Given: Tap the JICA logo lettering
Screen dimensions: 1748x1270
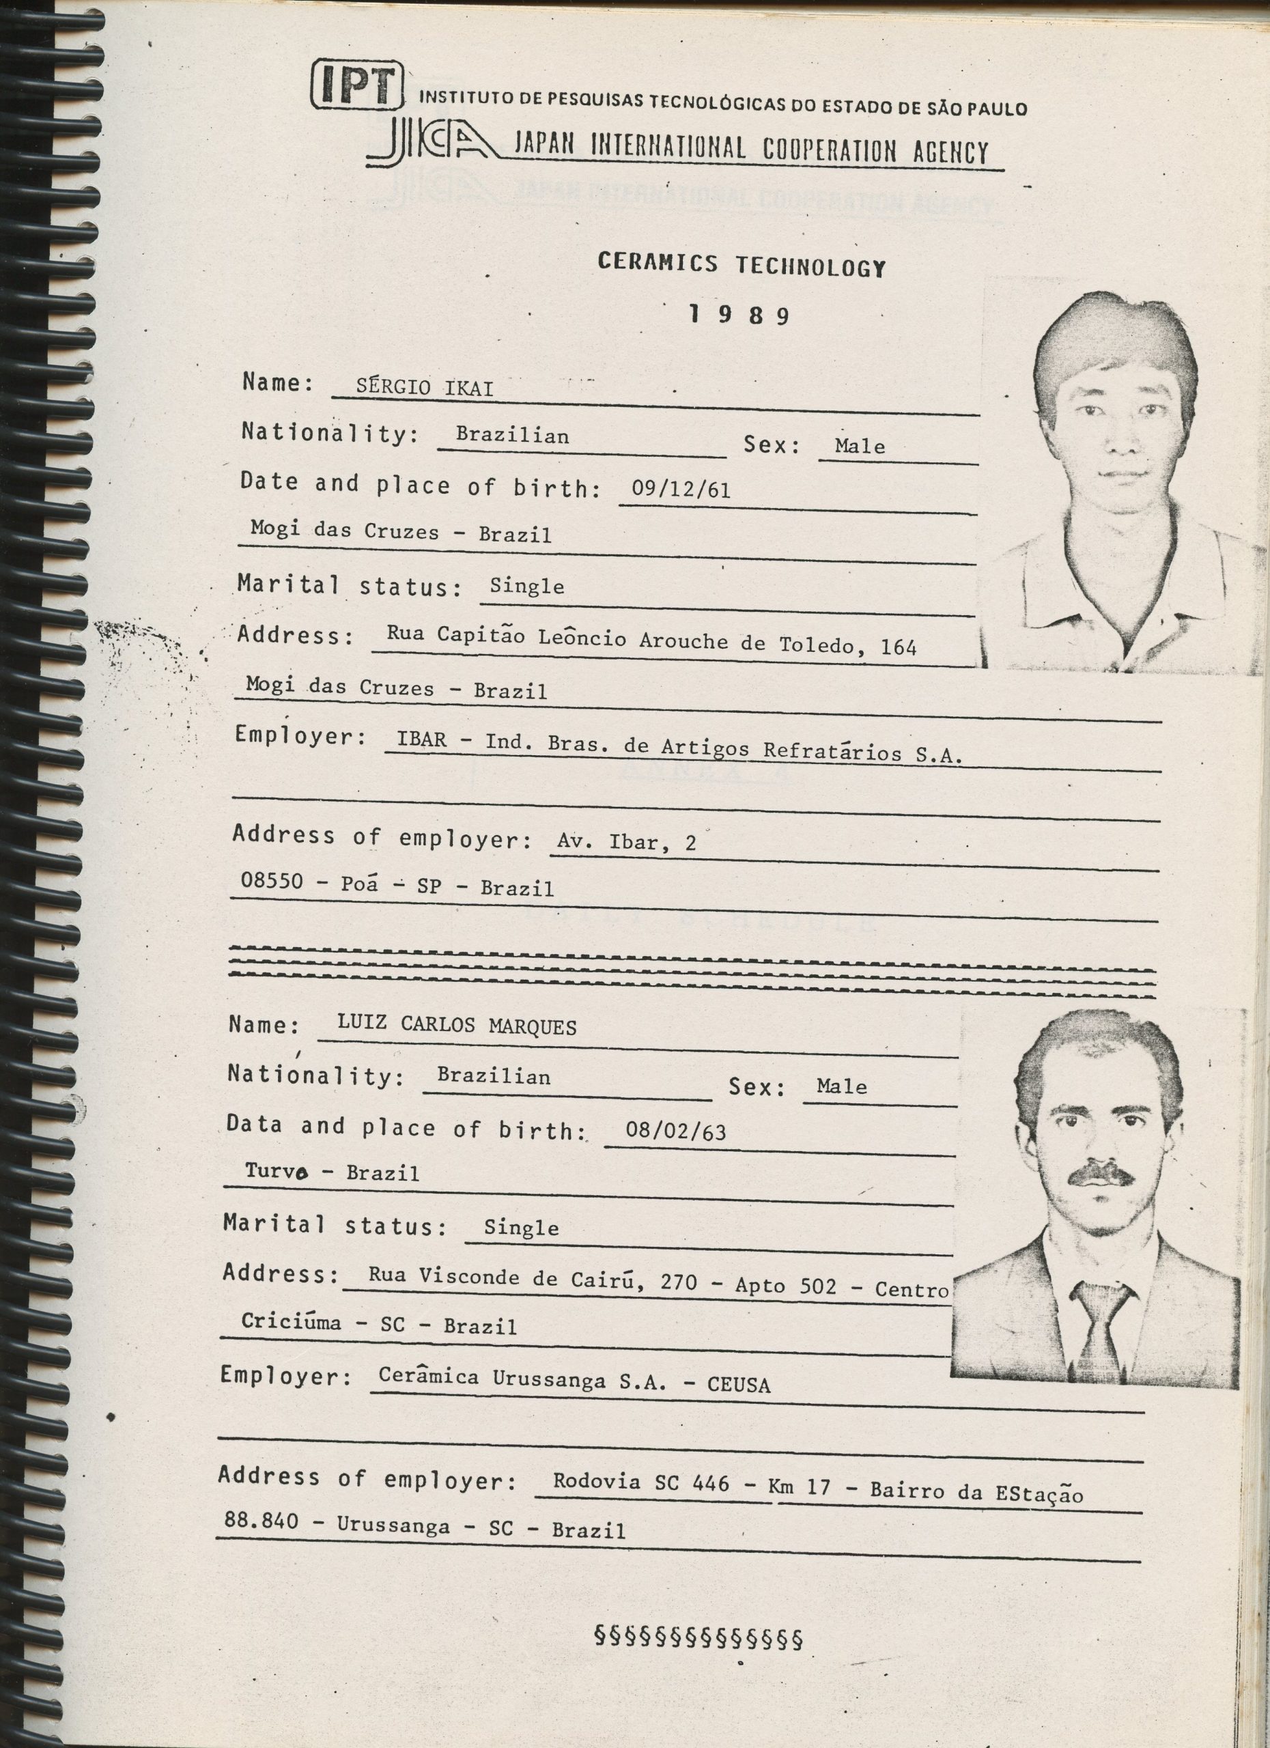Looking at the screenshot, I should point(432,143).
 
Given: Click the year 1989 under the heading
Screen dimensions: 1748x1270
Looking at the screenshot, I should point(739,315).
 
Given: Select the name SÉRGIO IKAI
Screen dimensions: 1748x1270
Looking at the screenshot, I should point(424,388).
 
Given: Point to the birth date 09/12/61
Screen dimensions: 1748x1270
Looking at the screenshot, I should point(681,490).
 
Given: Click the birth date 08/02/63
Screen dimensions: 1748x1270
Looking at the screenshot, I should point(675,1131).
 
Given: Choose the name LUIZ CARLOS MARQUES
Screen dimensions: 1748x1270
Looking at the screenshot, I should point(456,1025).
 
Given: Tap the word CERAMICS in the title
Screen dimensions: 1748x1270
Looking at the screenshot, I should point(658,262).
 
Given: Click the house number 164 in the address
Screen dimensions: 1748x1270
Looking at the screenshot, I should point(898,647).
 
